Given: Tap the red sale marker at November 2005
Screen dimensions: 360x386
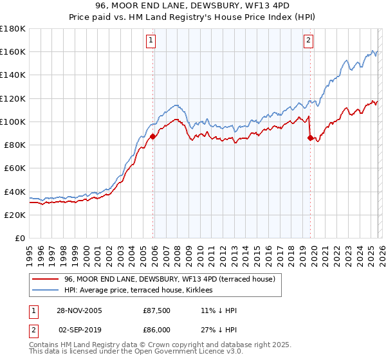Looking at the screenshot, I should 153,136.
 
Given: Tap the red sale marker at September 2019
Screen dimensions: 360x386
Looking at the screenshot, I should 310,138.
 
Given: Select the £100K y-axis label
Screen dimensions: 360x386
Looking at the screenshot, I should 13,122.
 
